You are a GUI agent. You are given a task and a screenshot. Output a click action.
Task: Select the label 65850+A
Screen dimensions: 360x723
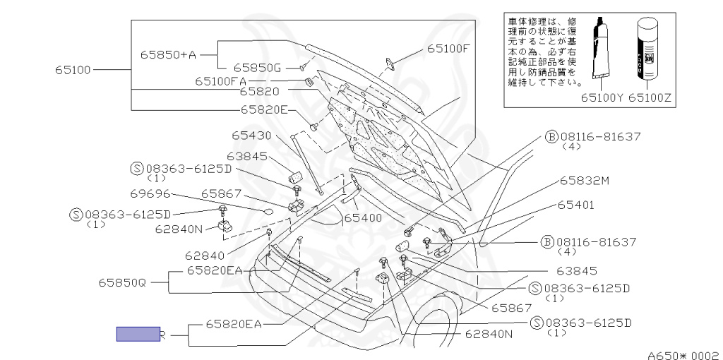point(167,54)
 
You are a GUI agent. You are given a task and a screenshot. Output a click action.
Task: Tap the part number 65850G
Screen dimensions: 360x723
point(257,68)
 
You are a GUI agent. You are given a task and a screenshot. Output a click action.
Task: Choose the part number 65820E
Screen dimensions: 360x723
point(264,109)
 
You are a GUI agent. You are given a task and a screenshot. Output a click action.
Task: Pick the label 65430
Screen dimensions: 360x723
point(251,135)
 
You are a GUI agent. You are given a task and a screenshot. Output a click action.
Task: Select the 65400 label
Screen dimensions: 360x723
point(363,217)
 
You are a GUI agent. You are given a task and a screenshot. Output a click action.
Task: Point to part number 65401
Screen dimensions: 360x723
point(575,205)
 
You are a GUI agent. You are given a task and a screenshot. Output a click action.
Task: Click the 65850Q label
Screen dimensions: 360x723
point(122,282)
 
